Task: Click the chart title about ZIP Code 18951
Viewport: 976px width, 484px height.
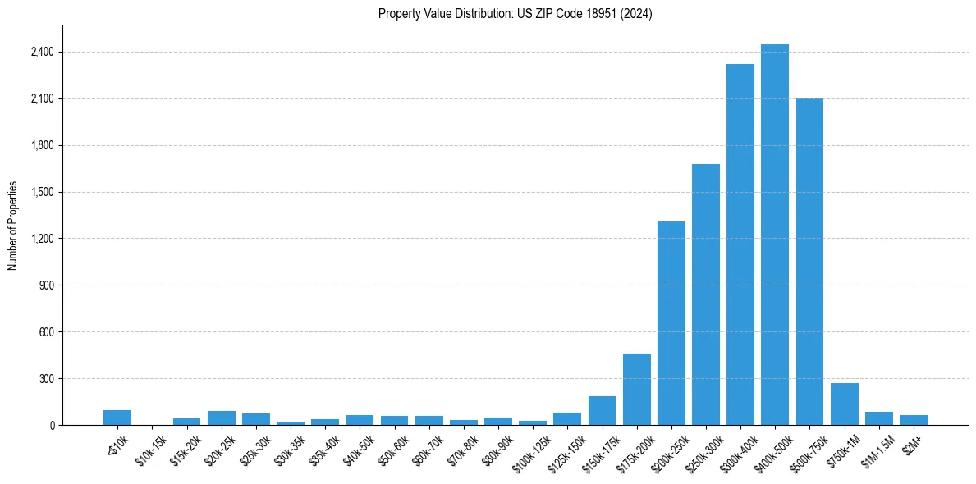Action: [515, 14]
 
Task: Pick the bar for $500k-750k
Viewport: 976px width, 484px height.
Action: [809, 262]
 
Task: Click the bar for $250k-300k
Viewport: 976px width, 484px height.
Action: [705, 295]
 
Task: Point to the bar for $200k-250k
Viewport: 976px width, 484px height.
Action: [671, 323]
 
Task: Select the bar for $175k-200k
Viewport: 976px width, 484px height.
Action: [636, 390]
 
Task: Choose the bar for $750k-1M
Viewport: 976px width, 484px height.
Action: [844, 404]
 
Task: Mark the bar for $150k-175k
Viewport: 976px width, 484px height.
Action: [602, 411]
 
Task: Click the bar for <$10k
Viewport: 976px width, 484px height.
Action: [117, 418]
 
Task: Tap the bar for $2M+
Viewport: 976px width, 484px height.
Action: [913, 420]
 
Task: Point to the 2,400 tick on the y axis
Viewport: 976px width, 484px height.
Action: [41, 53]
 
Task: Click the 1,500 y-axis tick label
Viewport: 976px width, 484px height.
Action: [41, 192]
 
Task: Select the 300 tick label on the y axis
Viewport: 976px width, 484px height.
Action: [45, 379]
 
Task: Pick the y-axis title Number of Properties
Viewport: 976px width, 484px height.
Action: [13, 226]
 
